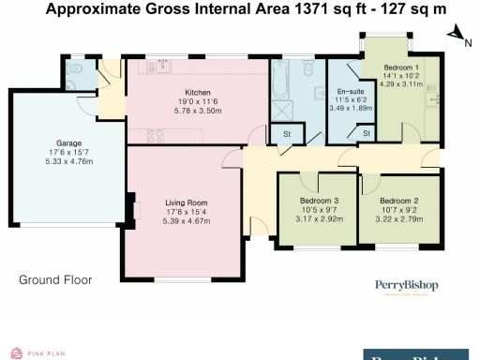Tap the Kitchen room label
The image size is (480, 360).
tap(197, 92)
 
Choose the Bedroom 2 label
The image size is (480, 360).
tap(399, 201)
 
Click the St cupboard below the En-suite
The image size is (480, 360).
tap(366, 134)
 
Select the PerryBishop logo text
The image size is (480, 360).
tap(420, 285)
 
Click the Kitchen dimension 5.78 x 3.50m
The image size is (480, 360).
tap(197, 111)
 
